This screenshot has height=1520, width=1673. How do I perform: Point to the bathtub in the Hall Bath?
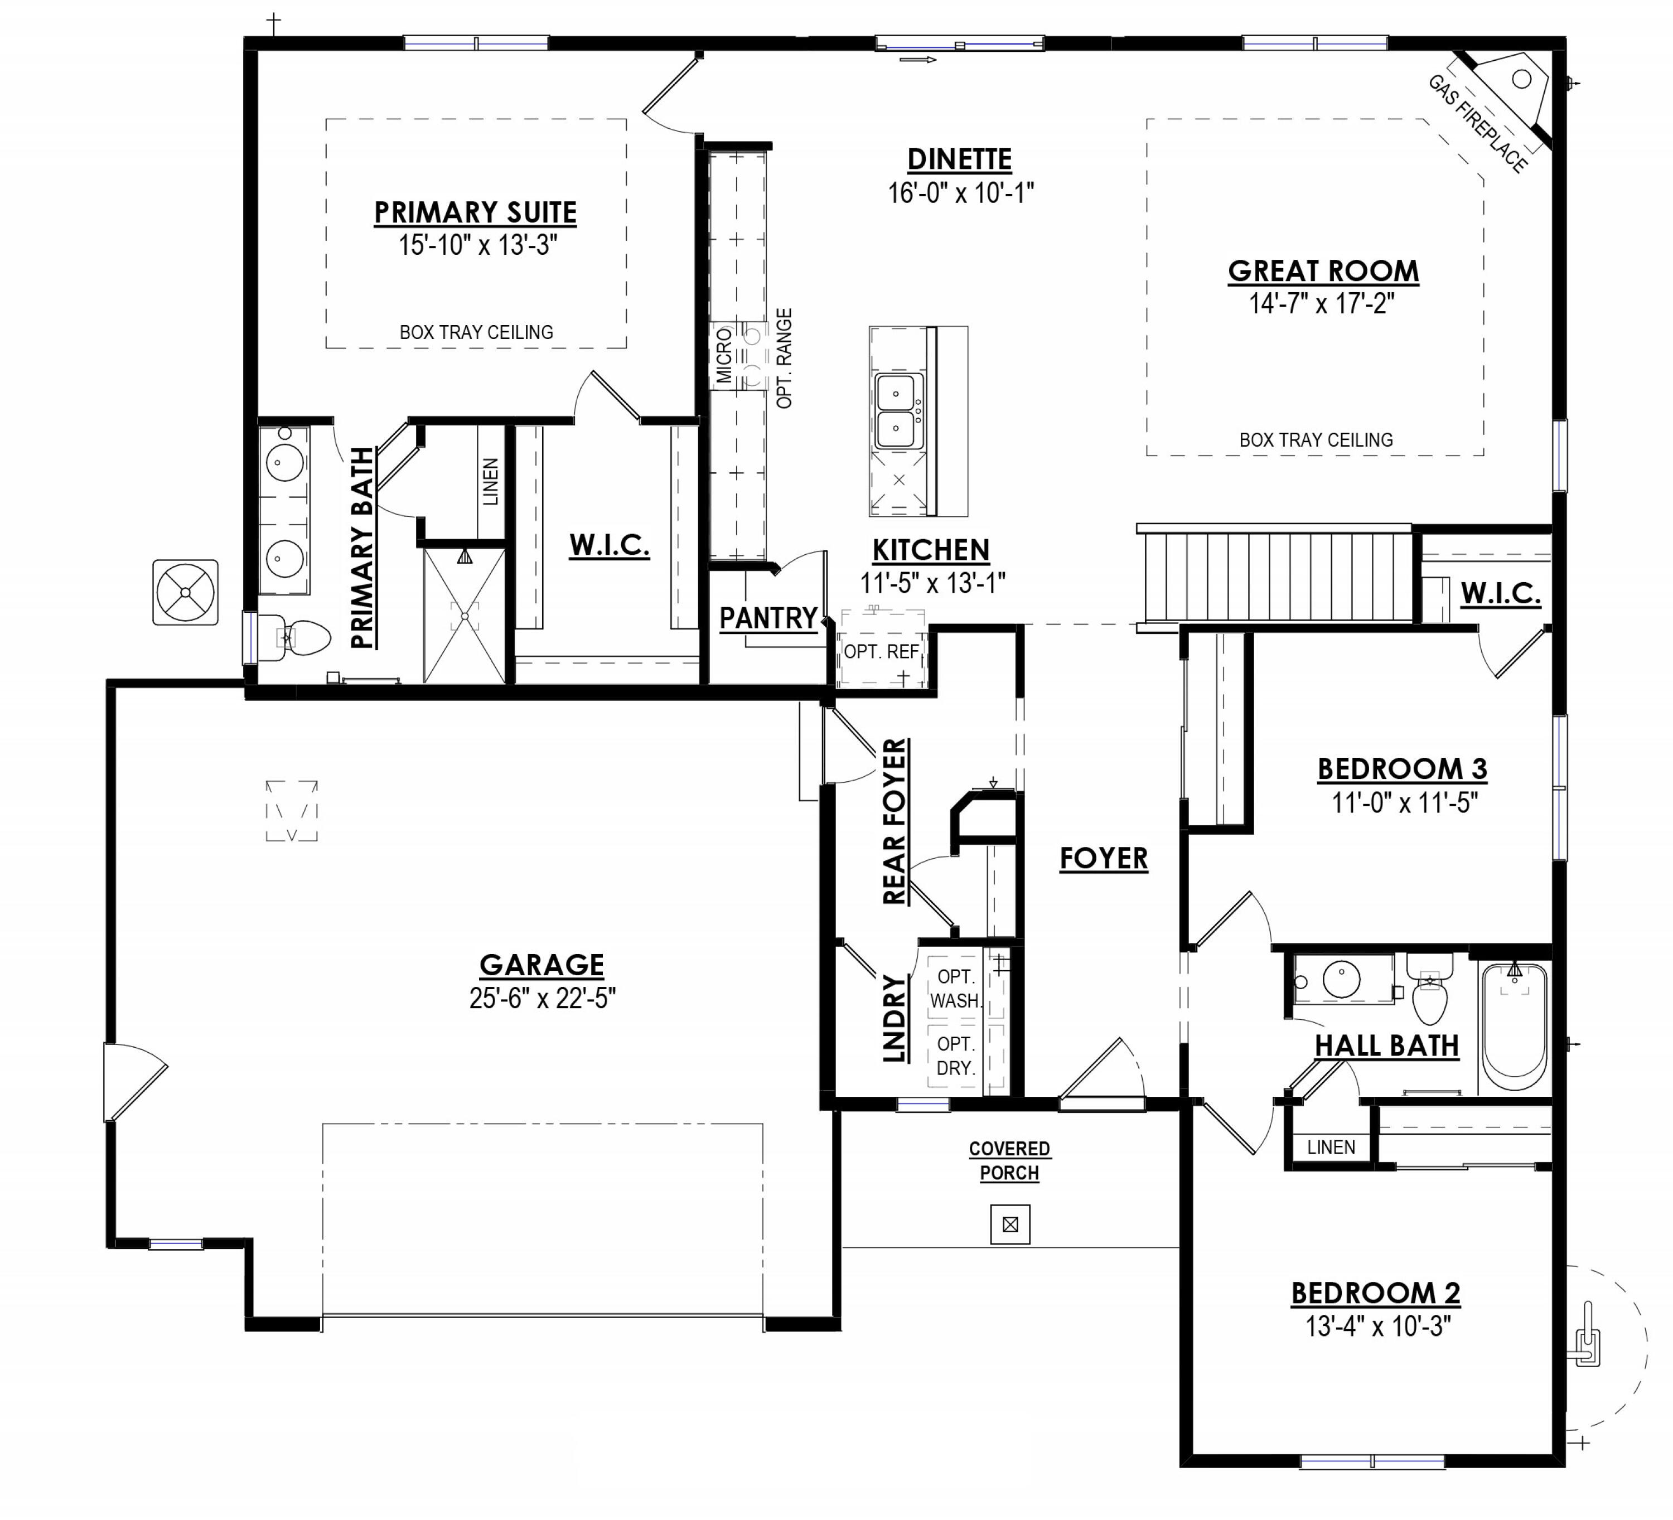(1515, 1027)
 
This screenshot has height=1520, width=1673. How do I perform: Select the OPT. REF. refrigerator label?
(881, 652)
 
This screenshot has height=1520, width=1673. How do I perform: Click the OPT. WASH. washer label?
(955, 989)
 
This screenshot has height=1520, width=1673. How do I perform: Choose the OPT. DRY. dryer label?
(955, 1056)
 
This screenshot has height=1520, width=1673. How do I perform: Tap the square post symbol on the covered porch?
(1010, 1224)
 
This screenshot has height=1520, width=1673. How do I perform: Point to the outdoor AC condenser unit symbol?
(186, 592)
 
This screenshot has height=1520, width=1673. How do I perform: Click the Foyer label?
(1104, 858)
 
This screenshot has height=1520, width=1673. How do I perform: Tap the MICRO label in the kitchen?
(724, 355)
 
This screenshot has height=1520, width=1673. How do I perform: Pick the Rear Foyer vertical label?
(894, 821)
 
